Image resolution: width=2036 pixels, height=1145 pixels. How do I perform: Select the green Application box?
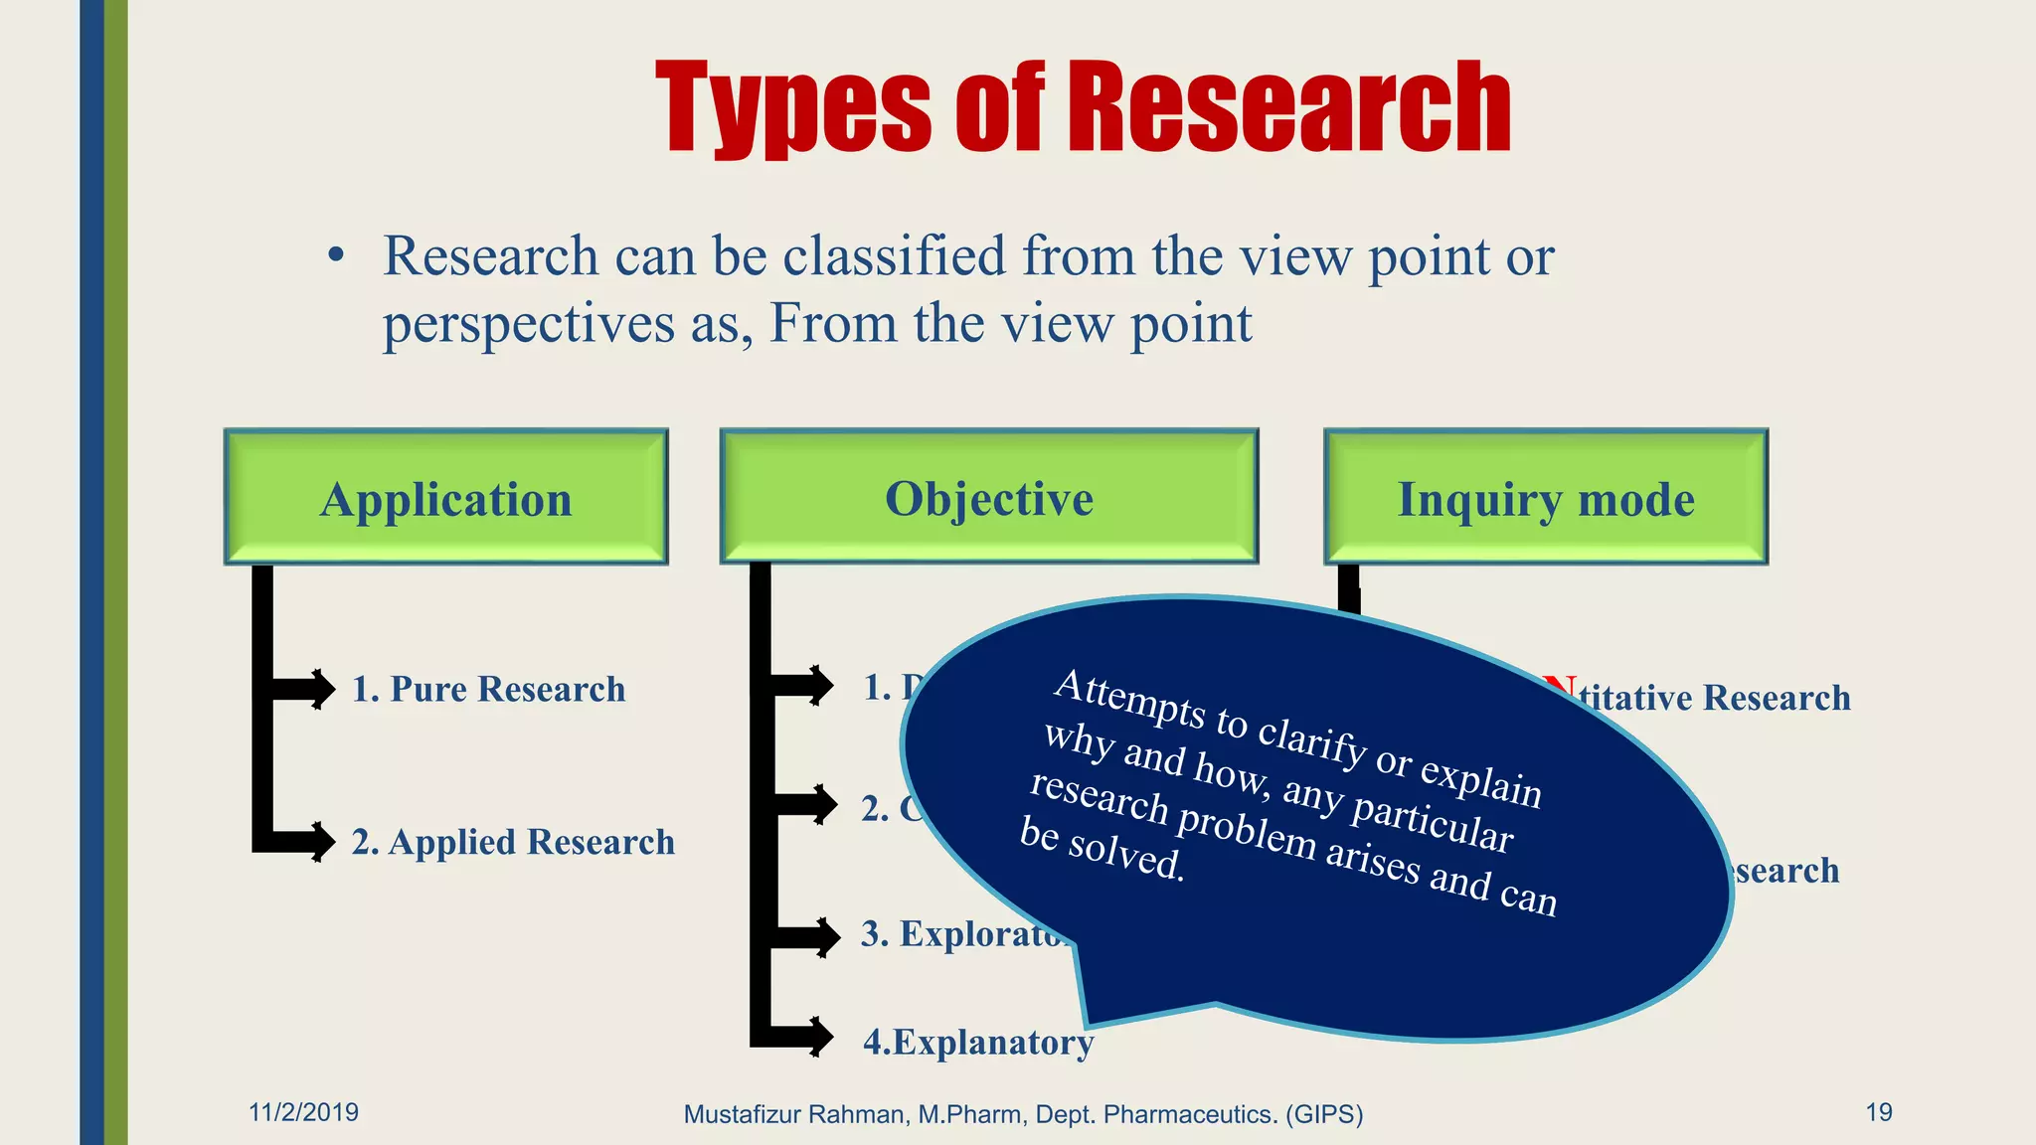(x=446, y=497)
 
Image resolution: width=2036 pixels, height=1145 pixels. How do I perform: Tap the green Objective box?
(x=989, y=497)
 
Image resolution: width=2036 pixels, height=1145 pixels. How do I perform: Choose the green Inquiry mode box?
(x=1546, y=497)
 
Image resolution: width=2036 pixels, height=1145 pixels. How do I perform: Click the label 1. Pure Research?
(x=488, y=689)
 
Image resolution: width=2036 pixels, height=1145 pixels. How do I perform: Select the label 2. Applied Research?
(x=513, y=842)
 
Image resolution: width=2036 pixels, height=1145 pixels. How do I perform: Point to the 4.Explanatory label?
(x=978, y=1042)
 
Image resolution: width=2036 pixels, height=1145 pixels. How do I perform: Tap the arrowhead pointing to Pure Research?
(x=320, y=689)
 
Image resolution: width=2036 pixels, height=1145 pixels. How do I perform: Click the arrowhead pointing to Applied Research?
(x=320, y=842)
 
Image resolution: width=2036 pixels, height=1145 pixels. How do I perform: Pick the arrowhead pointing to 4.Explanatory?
(x=819, y=1037)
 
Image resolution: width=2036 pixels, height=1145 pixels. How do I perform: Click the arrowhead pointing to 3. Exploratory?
(x=825, y=936)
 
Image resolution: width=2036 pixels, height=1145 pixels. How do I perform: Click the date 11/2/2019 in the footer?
(x=303, y=1112)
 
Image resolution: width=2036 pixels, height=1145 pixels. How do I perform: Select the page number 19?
(x=1878, y=1112)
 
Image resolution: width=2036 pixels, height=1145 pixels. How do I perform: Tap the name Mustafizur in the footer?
(x=742, y=1114)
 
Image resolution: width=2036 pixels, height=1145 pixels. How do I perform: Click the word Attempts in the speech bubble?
(x=1128, y=699)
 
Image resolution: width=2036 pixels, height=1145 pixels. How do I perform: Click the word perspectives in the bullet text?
(x=529, y=324)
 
